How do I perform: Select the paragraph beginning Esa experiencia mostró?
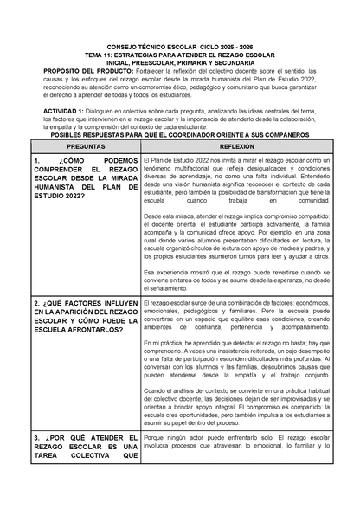point(236,280)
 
